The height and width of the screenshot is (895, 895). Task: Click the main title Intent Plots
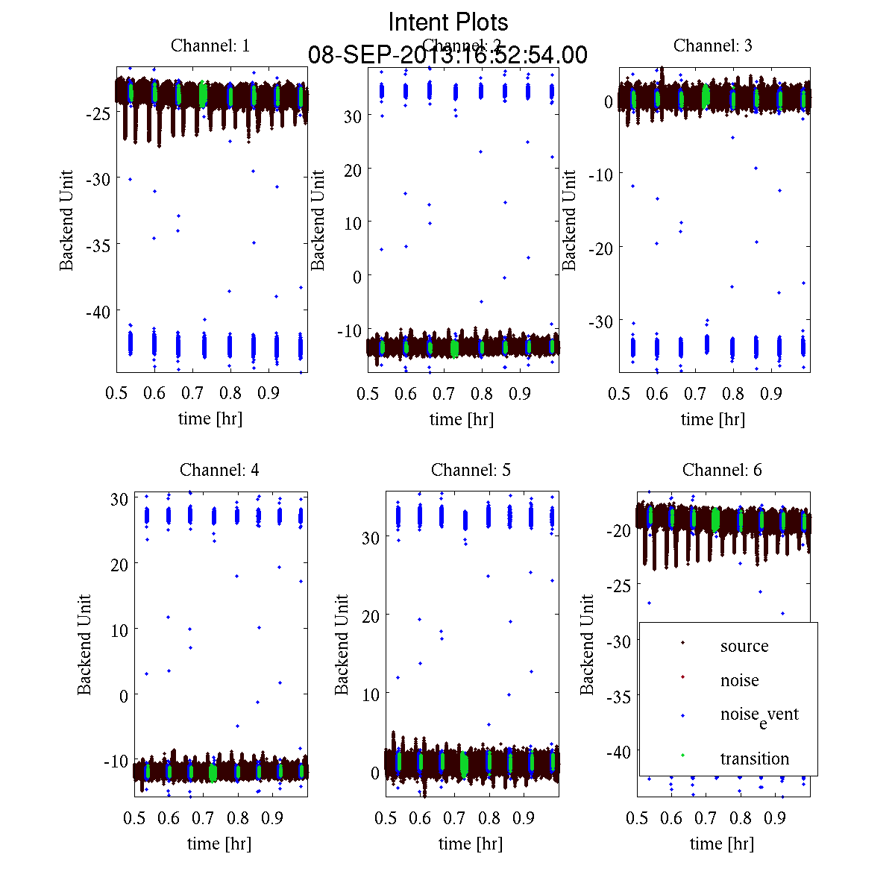pyautogui.click(x=447, y=22)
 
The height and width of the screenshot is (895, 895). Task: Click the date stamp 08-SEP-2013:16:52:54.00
pyautogui.click(x=447, y=55)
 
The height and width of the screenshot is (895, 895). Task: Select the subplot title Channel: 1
pyautogui.click(x=210, y=45)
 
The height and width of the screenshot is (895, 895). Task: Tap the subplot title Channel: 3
pyautogui.click(x=713, y=45)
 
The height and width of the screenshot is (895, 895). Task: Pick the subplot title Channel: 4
pyautogui.click(x=219, y=470)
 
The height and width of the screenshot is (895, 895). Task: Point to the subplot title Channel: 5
pyautogui.click(x=471, y=470)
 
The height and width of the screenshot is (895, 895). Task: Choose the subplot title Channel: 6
pyautogui.click(x=722, y=470)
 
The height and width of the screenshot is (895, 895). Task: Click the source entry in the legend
pyautogui.click(x=744, y=647)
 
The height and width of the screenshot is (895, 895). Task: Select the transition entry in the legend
pyautogui.click(x=754, y=759)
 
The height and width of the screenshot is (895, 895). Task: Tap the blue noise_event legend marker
pyautogui.click(x=683, y=716)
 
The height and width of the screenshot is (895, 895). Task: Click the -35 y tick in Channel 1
pyautogui.click(x=98, y=245)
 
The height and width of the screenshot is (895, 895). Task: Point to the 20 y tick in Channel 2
pyautogui.click(x=351, y=170)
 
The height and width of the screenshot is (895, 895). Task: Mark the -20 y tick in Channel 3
pyautogui.click(x=601, y=248)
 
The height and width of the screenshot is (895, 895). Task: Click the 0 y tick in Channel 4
pyautogui.click(x=123, y=695)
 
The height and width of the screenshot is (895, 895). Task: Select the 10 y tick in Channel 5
pyautogui.click(x=370, y=694)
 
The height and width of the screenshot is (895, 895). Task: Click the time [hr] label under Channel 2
pyautogui.click(x=462, y=419)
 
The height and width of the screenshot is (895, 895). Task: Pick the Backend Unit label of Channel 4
pyautogui.click(x=84, y=644)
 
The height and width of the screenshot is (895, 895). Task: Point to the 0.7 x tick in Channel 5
pyautogui.click(x=454, y=818)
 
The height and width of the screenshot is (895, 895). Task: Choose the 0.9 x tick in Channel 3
pyautogui.click(x=771, y=394)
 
